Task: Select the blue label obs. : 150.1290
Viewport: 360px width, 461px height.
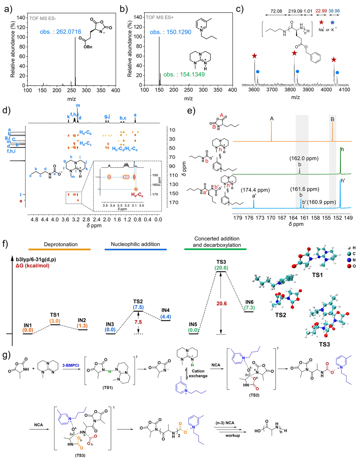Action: tap(171, 32)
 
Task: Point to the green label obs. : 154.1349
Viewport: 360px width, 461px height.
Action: tap(184, 74)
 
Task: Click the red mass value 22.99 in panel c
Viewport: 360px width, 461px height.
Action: tap(321, 11)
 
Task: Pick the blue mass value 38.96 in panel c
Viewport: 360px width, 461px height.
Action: tap(334, 11)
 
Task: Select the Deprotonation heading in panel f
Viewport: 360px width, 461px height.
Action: tap(61, 244)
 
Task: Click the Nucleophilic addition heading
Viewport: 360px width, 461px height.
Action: tap(135, 244)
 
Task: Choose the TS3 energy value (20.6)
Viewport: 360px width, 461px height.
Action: tap(221, 268)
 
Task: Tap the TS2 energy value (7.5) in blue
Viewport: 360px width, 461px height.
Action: tap(138, 307)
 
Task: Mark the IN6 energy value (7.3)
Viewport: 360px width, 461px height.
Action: tap(249, 308)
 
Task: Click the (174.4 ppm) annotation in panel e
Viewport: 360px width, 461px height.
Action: tap(255, 190)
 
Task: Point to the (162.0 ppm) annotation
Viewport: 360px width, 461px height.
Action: tap(304, 158)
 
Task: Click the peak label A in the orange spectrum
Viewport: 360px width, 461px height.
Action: tap(272, 119)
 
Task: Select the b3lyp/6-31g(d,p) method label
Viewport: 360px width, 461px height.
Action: tap(36, 259)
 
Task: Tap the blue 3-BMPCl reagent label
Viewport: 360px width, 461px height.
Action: tap(71, 365)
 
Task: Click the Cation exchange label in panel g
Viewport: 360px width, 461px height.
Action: tap(198, 373)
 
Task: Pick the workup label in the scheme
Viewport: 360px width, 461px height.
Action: tap(232, 435)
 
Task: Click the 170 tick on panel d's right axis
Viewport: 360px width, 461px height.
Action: tap(174, 202)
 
